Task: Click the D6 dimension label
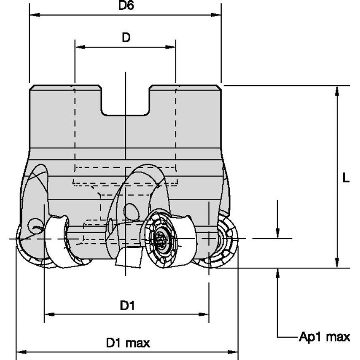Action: click(125, 6)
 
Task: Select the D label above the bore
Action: click(126, 38)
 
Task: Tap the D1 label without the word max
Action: click(126, 305)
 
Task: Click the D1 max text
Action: click(127, 343)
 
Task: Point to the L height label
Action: click(346, 178)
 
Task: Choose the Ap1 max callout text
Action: click(324, 336)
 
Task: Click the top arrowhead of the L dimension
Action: click(336, 90)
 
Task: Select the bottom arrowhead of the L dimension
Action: click(336, 263)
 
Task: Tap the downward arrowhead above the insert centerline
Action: click(277, 233)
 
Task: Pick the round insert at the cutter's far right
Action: click(223, 240)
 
